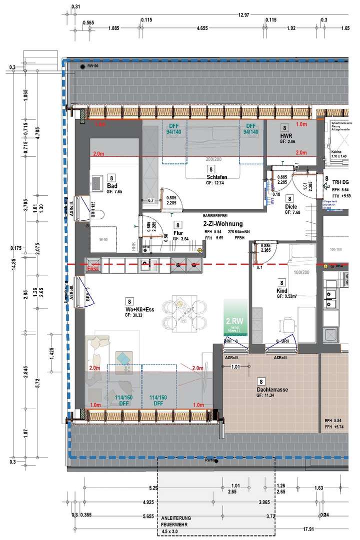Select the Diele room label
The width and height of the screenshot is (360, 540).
[x=291, y=206]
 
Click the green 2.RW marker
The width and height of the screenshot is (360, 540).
[x=234, y=321]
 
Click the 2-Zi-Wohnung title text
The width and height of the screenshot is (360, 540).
[x=223, y=224]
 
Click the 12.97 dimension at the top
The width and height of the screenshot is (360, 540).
[x=245, y=15]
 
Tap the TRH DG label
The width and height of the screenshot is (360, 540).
[x=340, y=182]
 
